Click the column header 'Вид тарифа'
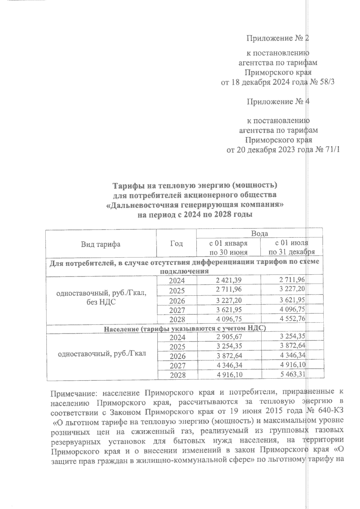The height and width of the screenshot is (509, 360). click(x=100, y=244)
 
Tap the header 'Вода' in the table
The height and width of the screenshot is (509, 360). click(x=259, y=234)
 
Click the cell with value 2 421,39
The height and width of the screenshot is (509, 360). click(x=229, y=280)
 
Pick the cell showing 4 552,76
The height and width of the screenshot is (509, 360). click(x=292, y=319)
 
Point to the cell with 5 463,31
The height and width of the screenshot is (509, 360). click(x=292, y=374)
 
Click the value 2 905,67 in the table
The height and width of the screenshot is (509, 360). click(x=229, y=337)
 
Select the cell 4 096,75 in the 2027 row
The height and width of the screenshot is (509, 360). click(x=292, y=309)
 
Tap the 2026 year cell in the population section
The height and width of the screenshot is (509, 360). click(x=177, y=356)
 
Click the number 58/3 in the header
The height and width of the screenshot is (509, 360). click(x=327, y=82)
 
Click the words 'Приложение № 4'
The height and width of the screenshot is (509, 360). click(x=278, y=102)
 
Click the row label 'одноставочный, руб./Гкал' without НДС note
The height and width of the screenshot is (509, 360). click(x=101, y=353)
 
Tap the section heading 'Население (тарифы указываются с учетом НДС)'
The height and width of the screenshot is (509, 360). click(x=185, y=329)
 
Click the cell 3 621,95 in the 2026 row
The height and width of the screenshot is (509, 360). click(x=292, y=300)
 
